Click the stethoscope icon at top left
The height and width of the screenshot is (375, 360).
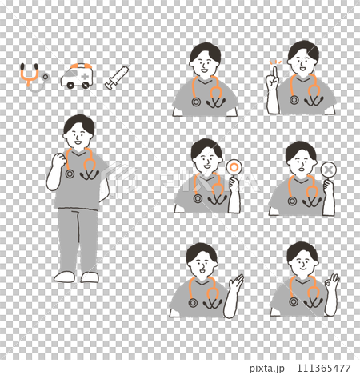coord(32,76)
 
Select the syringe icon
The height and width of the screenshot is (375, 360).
coord(117,78)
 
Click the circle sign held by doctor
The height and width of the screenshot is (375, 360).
coord(234,168)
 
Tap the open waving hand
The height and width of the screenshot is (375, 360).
coord(238,283)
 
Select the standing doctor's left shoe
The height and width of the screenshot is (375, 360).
coord(90,277)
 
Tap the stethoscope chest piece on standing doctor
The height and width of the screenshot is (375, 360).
coord(70,173)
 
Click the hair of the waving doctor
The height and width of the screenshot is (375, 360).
coord(202,251)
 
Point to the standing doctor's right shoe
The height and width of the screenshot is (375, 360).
coord(64,277)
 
